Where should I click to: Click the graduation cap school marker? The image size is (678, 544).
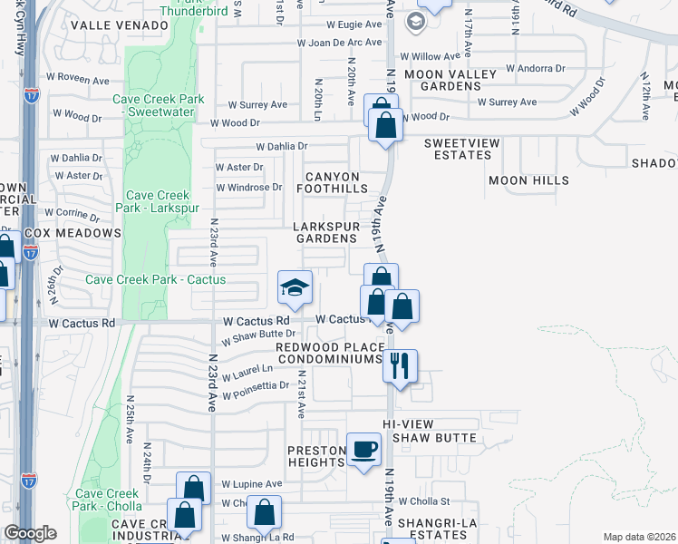click(x=295, y=288)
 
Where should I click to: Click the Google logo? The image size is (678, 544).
click(x=30, y=533)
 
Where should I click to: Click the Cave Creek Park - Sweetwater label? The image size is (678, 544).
click(x=159, y=106)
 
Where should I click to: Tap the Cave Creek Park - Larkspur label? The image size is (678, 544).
click(x=158, y=202)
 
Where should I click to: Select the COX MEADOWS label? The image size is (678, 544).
click(x=73, y=233)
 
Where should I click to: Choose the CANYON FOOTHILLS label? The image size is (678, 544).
click(x=333, y=182)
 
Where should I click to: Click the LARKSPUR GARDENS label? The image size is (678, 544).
click(x=324, y=232)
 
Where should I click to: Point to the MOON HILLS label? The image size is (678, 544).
click(x=528, y=180)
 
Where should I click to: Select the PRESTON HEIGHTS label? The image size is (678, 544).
click(x=317, y=456)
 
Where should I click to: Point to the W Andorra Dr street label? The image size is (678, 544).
click(x=535, y=68)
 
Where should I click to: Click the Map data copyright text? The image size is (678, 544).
click(x=639, y=537)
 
